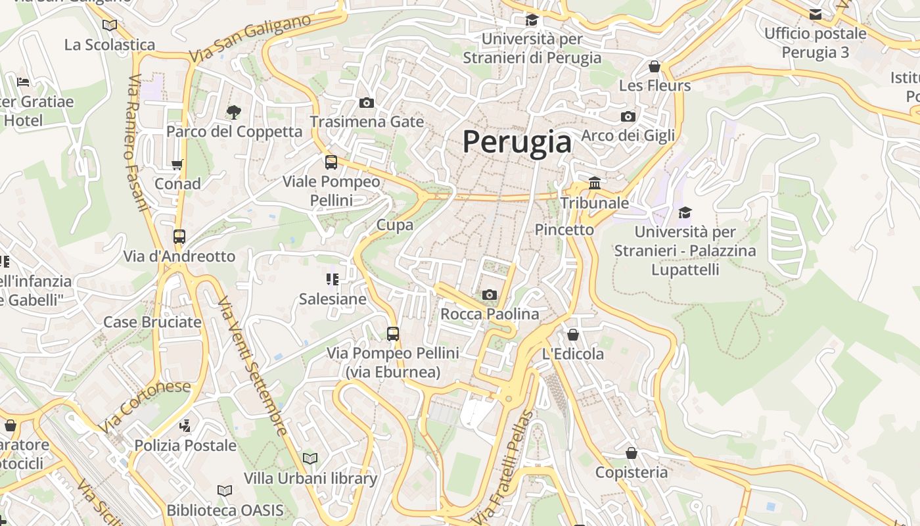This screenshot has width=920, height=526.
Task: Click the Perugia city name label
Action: tap(517, 141)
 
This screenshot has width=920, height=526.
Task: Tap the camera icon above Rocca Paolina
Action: tap(489, 295)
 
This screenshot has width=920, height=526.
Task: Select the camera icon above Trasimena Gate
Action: tap(367, 103)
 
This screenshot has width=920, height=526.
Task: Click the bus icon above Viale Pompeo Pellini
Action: tap(331, 162)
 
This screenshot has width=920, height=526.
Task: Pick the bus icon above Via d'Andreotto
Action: tap(179, 237)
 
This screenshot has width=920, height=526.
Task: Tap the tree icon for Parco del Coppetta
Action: tap(233, 112)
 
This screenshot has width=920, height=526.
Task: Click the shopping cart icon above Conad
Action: tap(177, 164)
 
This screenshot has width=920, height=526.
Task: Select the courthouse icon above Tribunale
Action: tap(595, 183)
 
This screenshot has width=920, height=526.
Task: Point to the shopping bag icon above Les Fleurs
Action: tap(655, 66)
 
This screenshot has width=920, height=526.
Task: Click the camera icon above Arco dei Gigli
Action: tap(628, 116)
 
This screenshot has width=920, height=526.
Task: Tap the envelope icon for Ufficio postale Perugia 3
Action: tap(816, 14)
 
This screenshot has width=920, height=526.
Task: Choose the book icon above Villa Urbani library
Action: tap(310, 458)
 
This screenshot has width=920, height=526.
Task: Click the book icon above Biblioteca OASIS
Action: tap(225, 490)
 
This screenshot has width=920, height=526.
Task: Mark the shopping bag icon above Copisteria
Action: tap(632, 453)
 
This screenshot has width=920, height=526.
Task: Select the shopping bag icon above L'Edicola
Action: tap(573, 335)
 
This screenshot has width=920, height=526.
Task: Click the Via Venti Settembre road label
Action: tap(253, 366)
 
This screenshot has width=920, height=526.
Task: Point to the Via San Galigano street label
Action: tap(250, 39)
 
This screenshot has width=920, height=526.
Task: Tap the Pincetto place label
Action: tap(564, 229)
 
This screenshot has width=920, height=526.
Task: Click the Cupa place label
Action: tap(395, 225)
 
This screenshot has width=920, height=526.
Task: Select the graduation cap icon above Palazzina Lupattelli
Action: tap(685, 212)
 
